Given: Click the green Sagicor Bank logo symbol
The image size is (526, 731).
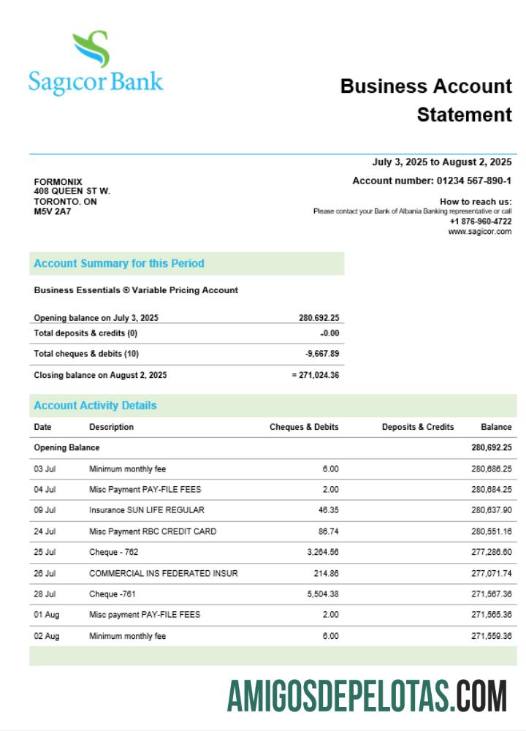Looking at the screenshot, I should pyautogui.click(x=91, y=49).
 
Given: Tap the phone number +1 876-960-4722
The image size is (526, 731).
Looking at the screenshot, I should pyautogui.click(x=480, y=221).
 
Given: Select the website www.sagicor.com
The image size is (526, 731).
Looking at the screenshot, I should pyautogui.click(x=479, y=232).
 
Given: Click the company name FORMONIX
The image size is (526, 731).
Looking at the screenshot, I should pyautogui.click(x=58, y=182).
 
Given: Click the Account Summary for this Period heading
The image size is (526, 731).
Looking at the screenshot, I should pyautogui.click(x=119, y=263).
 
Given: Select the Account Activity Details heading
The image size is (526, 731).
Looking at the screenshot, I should pyautogui.click(x=95, y=406).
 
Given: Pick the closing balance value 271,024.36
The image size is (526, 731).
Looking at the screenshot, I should pyautogui.click(x=319, y=375).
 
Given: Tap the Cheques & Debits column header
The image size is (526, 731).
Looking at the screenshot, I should pyautogui.click(x=304, y=427).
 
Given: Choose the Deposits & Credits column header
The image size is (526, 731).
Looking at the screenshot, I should pyautogui.click(x=417, y=427).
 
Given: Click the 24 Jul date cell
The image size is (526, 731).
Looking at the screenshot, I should pyautogui.click(x=45, y=531).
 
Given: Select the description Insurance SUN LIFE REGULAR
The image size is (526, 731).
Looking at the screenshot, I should pyautogui.click(x=147, y=510).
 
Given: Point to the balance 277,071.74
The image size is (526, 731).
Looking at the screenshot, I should pyautogui.click(x=491, y=574).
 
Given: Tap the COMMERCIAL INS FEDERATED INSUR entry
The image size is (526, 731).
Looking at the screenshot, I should pyautogui.click(x=163, y=574).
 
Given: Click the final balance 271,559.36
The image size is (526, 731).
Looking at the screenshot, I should pyautogui.click(x=491, y=636).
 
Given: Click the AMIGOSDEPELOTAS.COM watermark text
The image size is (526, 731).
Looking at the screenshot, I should pyautogui.click(x=367, y=695).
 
